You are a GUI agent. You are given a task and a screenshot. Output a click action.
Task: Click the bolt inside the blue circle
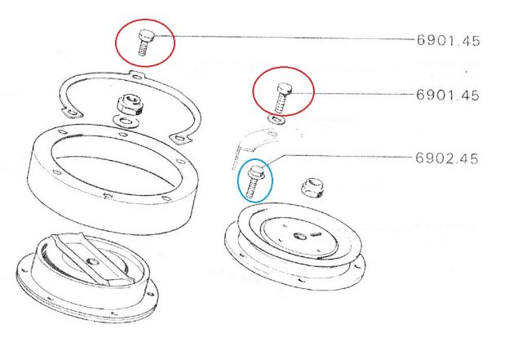click(x=254, y=182)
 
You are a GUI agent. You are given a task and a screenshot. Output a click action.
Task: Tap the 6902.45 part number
click(x=447, y=158)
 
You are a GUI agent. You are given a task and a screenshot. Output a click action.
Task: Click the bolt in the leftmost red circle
click(x=145, y=42)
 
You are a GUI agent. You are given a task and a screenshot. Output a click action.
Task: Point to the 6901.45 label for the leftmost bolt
click(x=448, y=40)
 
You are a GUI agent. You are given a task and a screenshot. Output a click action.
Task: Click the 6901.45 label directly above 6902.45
click(x=448, y=95)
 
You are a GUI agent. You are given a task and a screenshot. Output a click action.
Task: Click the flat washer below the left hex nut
click(x=125, y=121)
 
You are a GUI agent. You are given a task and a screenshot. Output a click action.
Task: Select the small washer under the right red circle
click(x=276, y=119)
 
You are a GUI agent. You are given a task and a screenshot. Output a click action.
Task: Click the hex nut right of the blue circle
click(x=312, y=189)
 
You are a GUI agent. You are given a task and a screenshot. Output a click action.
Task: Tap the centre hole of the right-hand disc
click(x=300, y=237)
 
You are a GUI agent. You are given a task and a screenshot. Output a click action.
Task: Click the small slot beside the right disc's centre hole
click(x=315, y=234)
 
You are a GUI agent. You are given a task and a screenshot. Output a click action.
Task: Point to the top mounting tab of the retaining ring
click(x=138, y=77)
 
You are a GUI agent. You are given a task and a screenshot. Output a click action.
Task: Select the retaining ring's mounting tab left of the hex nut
click(x=72, y=112)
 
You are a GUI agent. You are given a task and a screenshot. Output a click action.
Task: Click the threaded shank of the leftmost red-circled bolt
click(x=143, y=49)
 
